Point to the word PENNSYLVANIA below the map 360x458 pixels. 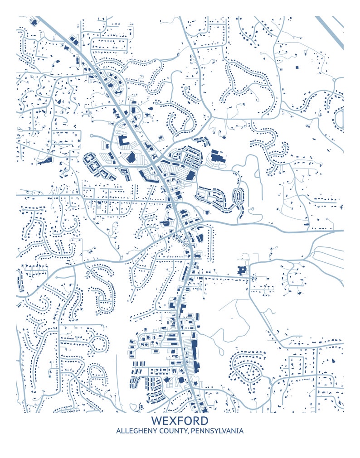[217, 431]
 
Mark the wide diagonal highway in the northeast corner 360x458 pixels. [330, 33]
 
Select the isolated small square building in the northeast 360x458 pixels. [297, 67]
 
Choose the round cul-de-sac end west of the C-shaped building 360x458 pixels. [92, 135]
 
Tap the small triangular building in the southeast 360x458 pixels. [333, 361]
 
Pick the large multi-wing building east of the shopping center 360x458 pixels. [217, 158]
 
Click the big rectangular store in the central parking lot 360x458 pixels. [190, 175]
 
